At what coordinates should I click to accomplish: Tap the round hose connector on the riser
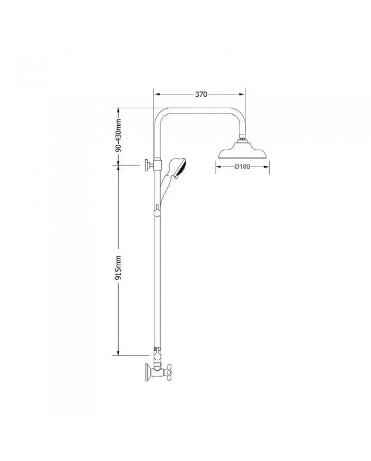click(156, 213)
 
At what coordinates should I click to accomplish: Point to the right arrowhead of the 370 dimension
click(243, 94)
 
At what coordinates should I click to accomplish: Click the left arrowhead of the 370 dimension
click(156, 94)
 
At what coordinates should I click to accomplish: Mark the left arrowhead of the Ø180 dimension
click(217, 166)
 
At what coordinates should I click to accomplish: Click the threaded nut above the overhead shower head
click(244, 141)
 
